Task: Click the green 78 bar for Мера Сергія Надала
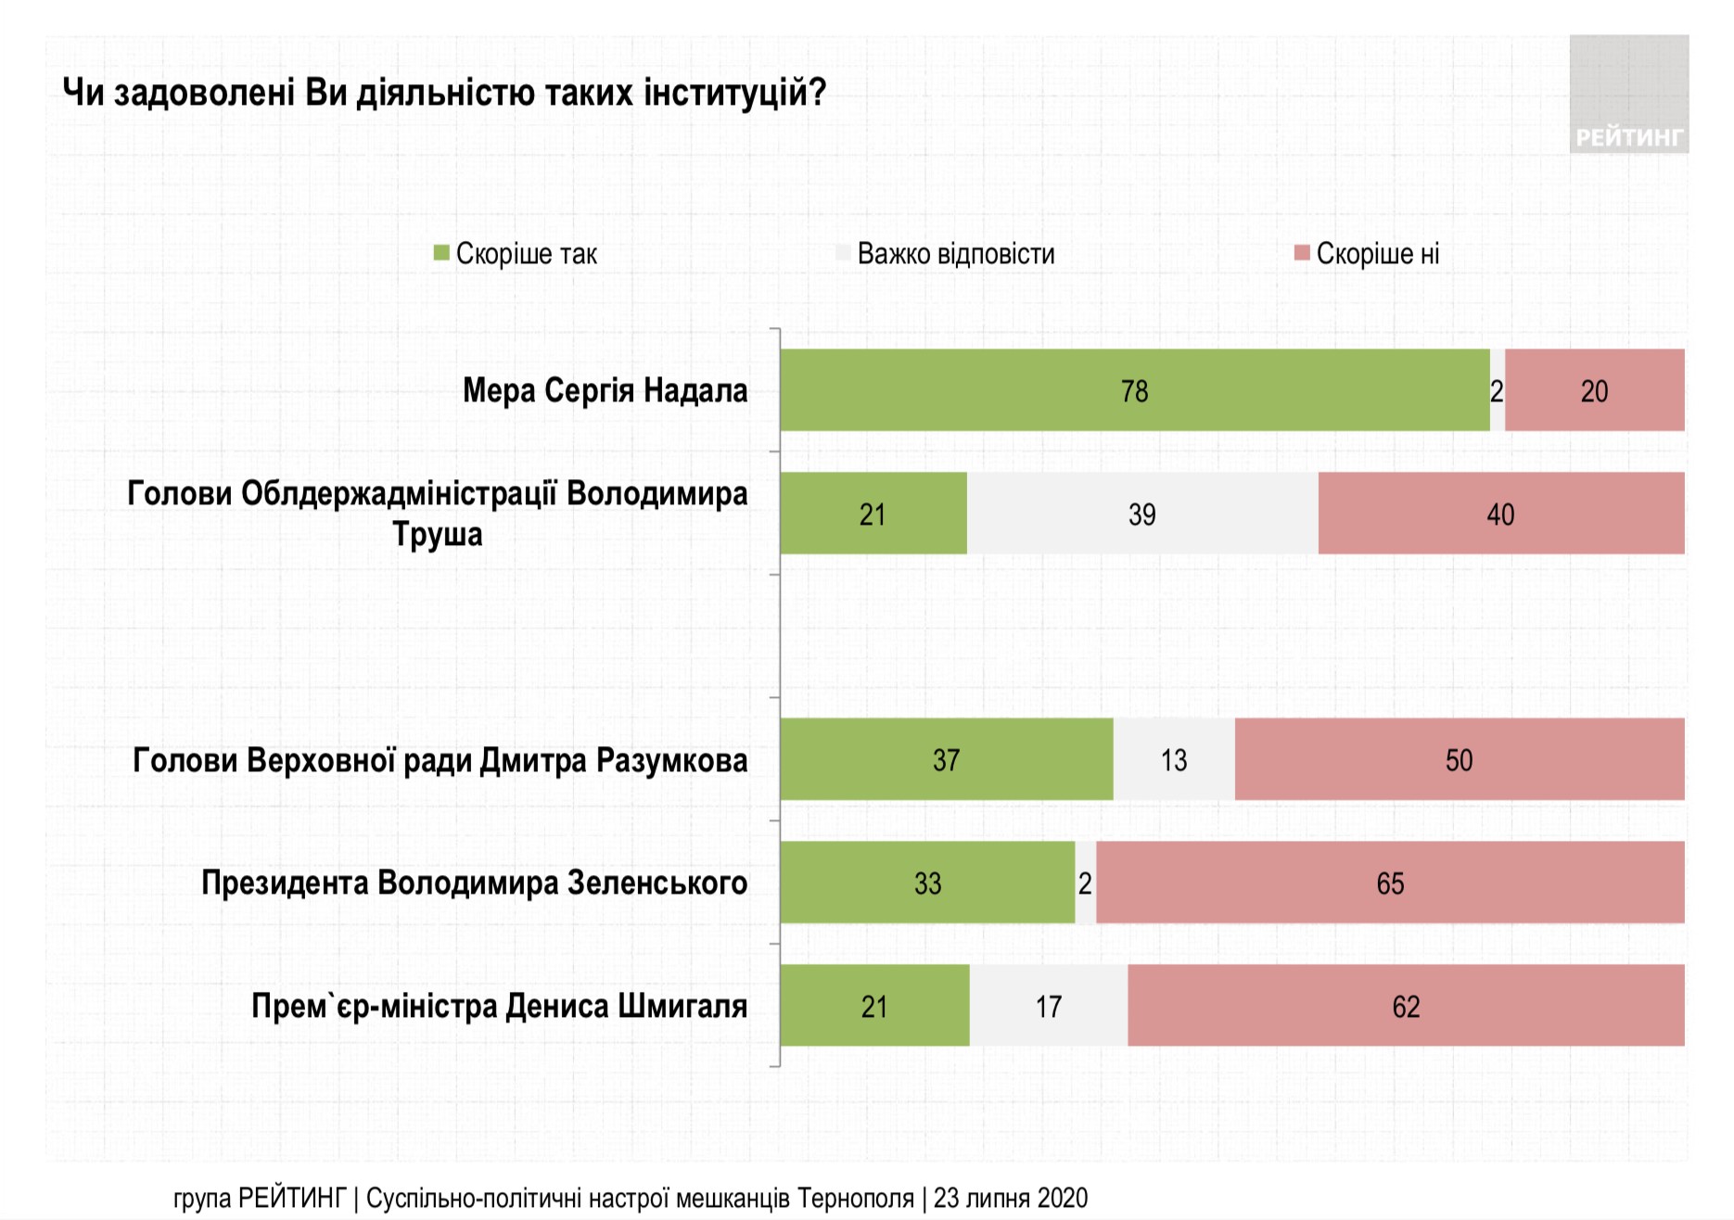(x=1134, y=390)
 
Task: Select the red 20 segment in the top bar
(x=1594, y=390)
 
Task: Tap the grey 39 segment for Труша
(x=1141, y=514)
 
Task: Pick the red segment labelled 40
(x=1500, y=514)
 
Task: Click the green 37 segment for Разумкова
(x=946, y=759)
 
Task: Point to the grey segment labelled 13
(x=1173, y=759)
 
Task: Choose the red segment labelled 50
(x=1459, y=759)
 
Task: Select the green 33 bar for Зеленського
(x=927, y=883)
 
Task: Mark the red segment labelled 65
(x=1389, y=883)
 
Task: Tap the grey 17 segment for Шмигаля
(x=1048, y=1006)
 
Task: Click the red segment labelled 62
(x=1405, y=1006)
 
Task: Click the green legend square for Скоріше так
(x=441, y=253)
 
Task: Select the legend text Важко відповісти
(x=956, y=254)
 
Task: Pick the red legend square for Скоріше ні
(x=1302, y=253)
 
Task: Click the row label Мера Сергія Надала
(x=605, y=390)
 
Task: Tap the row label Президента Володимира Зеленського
(x=474, y=883)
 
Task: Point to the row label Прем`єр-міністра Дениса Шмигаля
(x=499, y=1006)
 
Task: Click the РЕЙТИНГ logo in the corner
(x=1628, y=95)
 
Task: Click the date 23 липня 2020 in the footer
(x=1010, y=1198)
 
